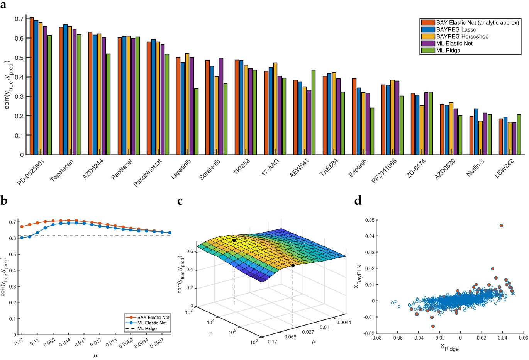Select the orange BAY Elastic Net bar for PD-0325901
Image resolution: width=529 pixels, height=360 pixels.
coord(32,86)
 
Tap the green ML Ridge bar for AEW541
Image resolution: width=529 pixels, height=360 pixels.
coord(313,112)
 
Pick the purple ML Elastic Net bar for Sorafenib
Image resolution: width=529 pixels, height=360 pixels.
coord(221,106)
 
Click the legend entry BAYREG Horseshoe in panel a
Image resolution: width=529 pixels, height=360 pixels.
coord(462,36)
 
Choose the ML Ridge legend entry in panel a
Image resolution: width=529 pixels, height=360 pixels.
coord(448,50)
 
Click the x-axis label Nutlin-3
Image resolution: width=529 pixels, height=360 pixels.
coord(475,168)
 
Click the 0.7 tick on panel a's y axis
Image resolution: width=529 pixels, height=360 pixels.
coord(19,19)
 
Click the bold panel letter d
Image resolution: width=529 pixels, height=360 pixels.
coord(358,200)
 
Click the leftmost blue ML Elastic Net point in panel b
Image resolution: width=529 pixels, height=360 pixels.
coord(22,238)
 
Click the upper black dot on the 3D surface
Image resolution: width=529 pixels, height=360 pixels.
coord(234,240)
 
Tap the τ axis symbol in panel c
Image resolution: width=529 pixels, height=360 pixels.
coord(210,322)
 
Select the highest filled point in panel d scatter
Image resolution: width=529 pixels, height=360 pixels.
coord(501,226)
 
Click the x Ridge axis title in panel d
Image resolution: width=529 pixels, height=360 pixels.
coord(449,348)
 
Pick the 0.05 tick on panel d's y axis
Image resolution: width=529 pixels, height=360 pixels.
coord(369,220)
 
